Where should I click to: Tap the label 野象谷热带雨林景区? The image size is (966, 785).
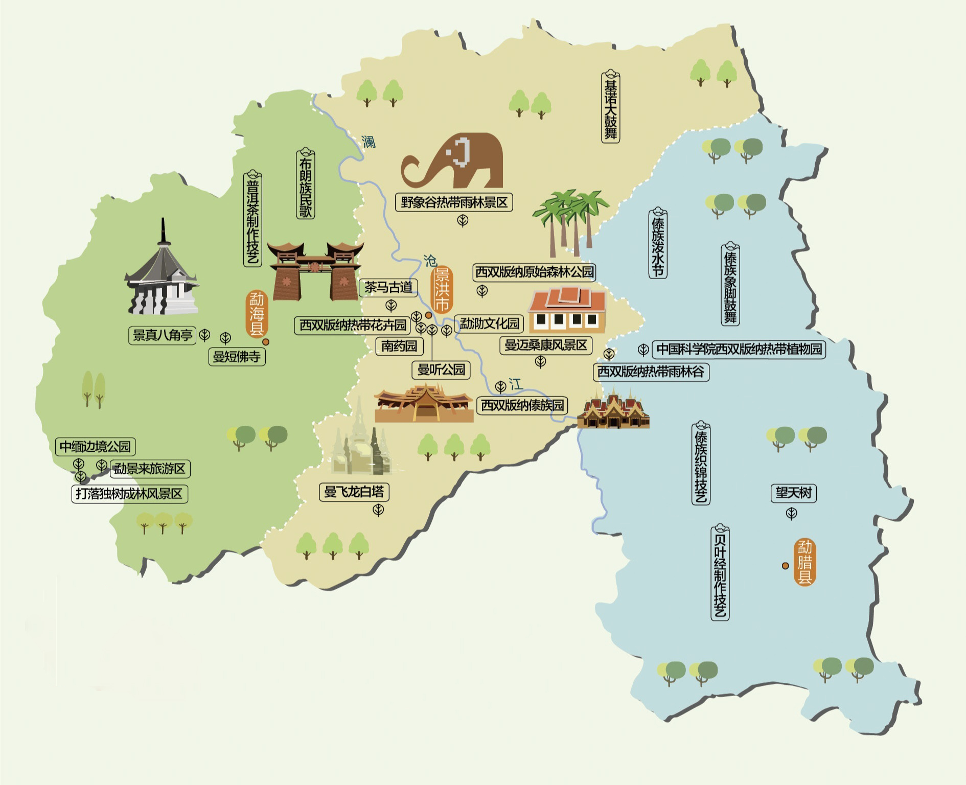coord(454,202)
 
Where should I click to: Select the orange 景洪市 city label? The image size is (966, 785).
coord(442,290)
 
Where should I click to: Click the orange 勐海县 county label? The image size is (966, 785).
coord(256,313)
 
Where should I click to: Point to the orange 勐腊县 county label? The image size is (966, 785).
coord(805,562)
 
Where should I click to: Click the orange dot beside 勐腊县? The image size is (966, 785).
coord(785,565)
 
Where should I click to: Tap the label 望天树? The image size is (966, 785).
coord(793,493)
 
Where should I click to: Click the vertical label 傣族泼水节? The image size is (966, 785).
coord(658,244)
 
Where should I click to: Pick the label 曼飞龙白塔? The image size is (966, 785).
coord(354,492)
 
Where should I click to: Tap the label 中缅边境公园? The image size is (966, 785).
coord(95,446)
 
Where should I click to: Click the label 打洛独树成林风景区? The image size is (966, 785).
coord(129,494)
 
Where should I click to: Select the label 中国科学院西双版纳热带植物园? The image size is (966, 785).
coord(739,349)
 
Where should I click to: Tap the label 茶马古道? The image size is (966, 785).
coord(388,287)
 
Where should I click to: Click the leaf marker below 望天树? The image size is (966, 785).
coord(791,513)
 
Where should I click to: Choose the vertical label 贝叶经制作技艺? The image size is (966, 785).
coord(720,572)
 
